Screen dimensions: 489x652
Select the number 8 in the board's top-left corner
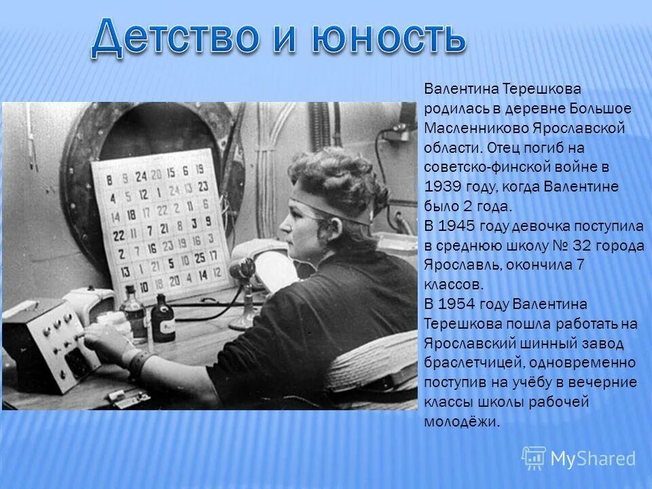pyautogui.click(x=109, y=181)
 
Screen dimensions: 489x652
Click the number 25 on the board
pyautogui.click(x=199, y=257)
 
